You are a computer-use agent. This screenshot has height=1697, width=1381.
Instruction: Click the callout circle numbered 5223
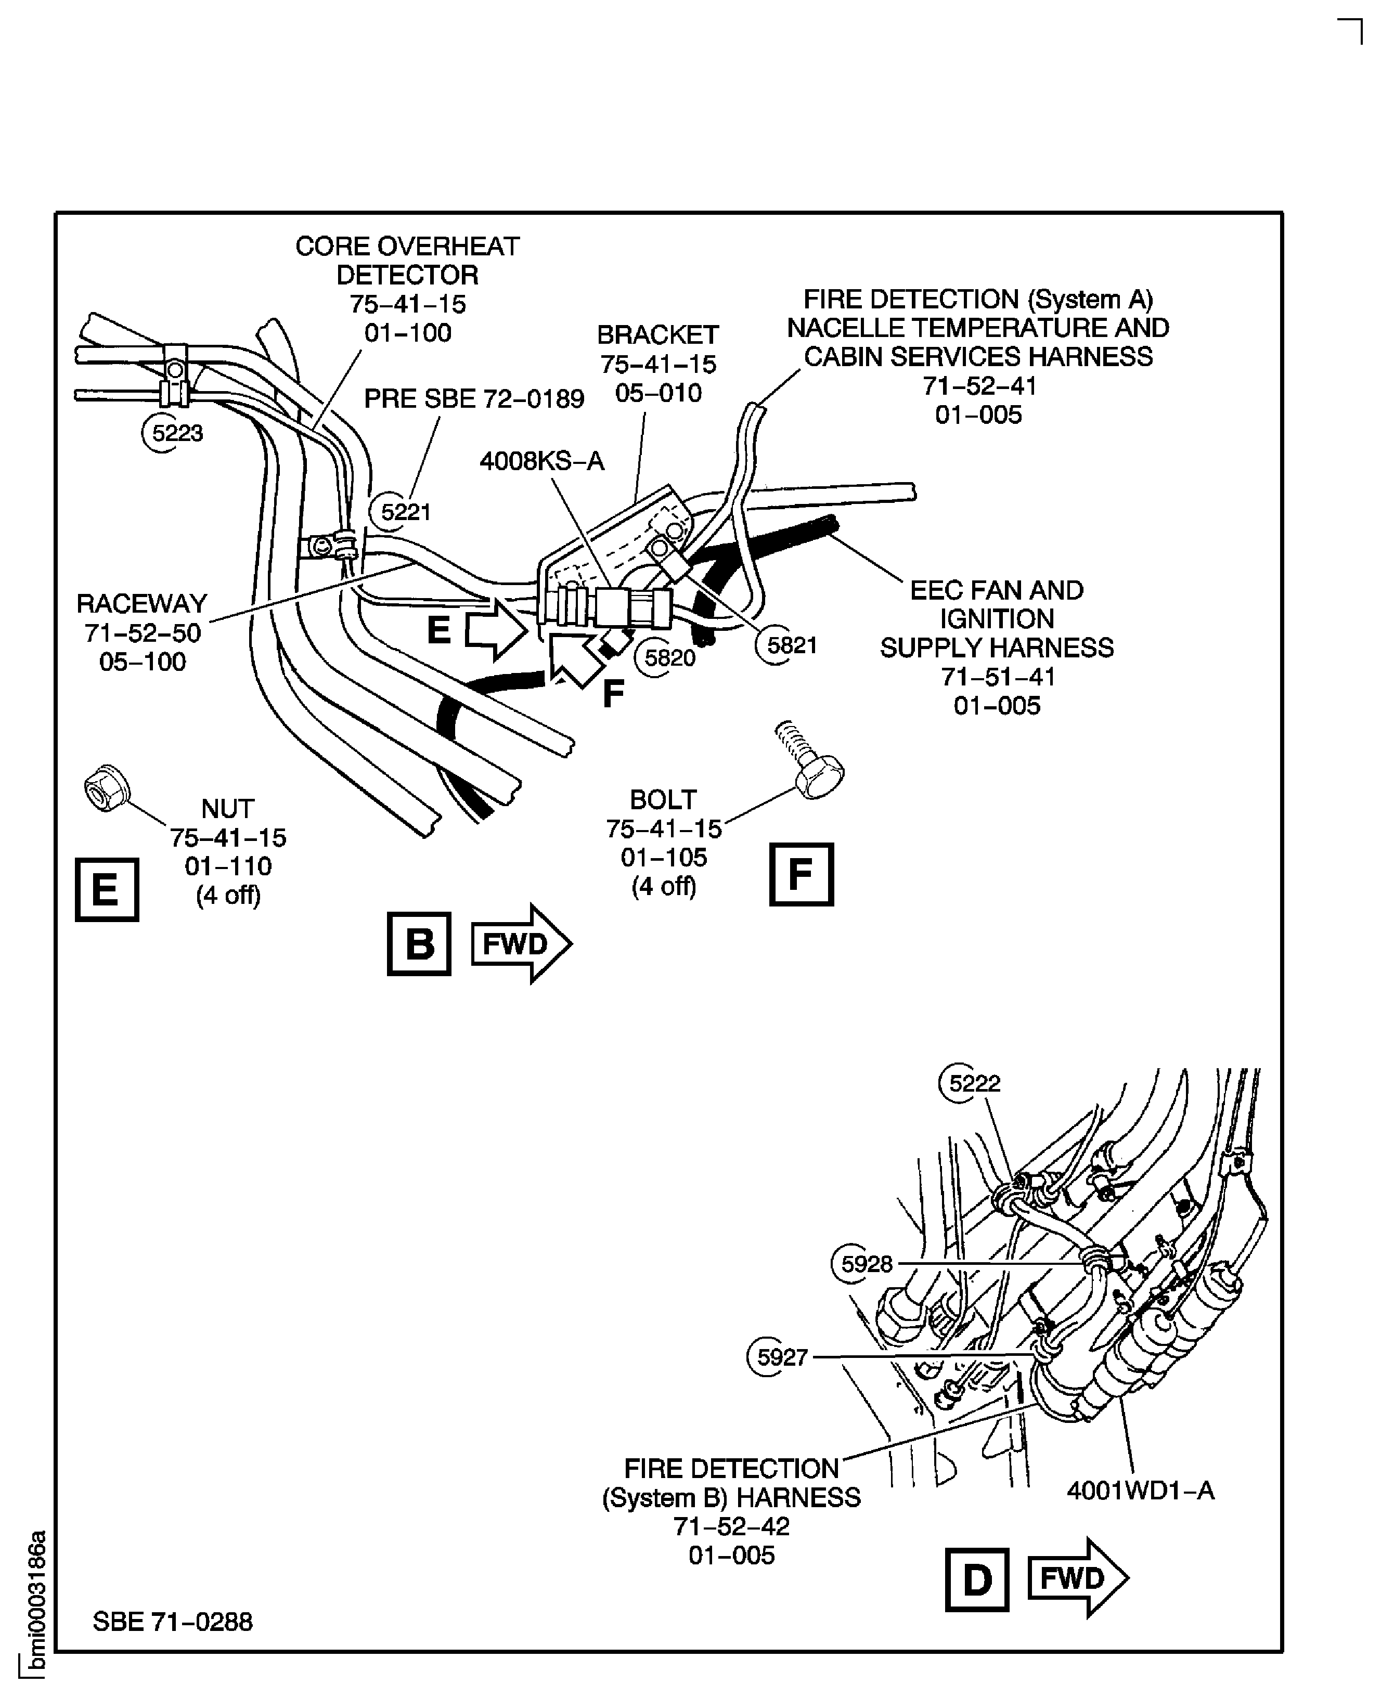coord(174,433)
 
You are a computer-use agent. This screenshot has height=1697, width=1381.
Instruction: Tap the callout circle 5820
coord(667,658)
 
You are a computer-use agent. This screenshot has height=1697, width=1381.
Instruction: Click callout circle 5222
coord(972,1083)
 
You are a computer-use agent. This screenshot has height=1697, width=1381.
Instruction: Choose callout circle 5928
coord(864,1264)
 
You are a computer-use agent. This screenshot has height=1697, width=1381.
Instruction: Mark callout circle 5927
coord(780,1357)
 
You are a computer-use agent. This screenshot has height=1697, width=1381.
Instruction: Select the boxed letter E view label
coord(107,889)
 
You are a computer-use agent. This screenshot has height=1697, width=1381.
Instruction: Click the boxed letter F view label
coord(801,874)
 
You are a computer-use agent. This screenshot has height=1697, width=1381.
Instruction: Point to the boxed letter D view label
coord(977,1579)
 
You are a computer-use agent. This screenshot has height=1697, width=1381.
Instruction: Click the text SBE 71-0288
coord(173,1622)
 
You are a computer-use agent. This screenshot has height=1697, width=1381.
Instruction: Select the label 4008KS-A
coord(542,461)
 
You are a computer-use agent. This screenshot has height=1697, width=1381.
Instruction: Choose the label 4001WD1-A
coord(1140,1489)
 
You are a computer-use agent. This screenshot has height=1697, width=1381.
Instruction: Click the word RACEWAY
coord(141,604)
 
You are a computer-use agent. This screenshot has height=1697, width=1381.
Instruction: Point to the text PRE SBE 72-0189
coord(474,399)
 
